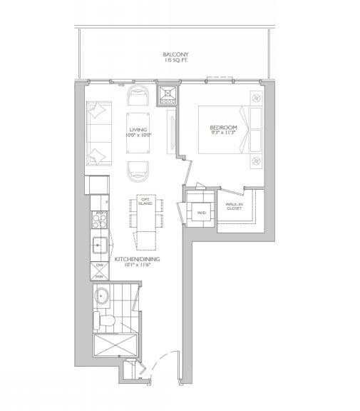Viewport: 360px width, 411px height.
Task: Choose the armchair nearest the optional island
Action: pyautogui.click(x=138, y=171)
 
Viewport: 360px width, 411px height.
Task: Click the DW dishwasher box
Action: pyautogui.click(x=100, y=265)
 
